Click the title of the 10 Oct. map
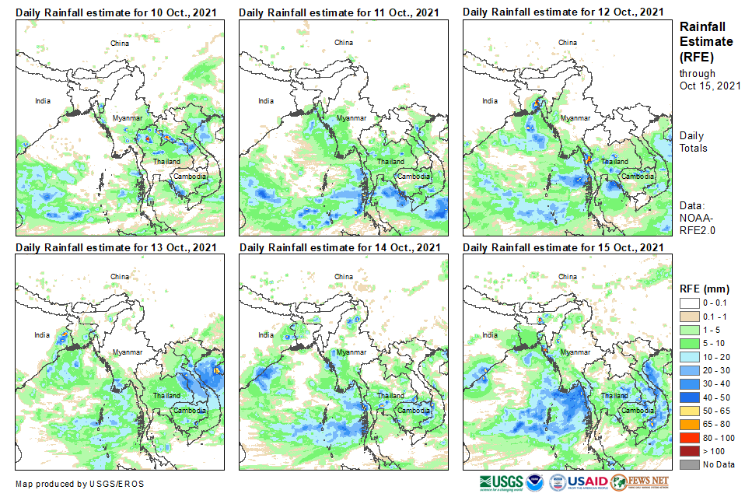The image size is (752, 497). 116,12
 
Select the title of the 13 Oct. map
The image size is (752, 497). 116,247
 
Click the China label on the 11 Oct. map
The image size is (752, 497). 343,42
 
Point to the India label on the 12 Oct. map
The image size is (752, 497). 490,100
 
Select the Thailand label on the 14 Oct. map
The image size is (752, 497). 390,395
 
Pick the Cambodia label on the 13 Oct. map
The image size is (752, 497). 190,410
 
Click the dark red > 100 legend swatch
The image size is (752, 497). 689,452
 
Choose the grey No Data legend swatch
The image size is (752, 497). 689,464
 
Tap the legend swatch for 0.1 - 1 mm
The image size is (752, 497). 689,316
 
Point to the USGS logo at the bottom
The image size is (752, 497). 502,482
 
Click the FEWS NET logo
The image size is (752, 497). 639,482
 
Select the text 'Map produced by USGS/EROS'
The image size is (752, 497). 79,484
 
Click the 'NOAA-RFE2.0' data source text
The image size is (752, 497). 698,224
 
